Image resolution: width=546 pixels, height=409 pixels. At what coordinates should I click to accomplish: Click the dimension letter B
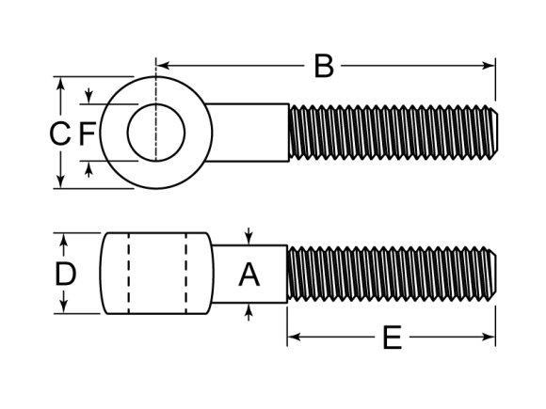click(x=323, y=66)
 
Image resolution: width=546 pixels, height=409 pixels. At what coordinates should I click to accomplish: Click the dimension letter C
click(x=59, y=134)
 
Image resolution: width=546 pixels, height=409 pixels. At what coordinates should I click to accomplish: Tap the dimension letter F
click(x=87, y=134)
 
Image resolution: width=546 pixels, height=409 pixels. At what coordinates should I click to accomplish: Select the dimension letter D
click(x=64, y=275)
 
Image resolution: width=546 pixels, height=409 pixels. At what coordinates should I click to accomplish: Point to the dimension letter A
click(x=249, y=275)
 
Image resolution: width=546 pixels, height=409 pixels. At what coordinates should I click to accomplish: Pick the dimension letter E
click(x=392, y=338)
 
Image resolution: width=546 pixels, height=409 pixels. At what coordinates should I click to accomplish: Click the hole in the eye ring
click(x=154, y=133)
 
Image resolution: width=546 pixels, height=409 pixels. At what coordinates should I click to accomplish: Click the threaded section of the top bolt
click(x=391, y=133)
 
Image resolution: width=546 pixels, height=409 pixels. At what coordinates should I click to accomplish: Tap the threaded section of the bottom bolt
click(x=391, y=275)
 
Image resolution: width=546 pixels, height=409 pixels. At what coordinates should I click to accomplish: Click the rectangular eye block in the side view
click(x=156, y=274)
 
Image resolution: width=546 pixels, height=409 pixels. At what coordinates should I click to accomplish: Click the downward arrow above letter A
click(x=249, y=238)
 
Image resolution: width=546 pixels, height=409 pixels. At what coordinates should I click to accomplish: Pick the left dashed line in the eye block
click(x=126, y=274)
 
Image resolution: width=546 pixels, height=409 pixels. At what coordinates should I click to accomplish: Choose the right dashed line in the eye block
click(x=186, y=274)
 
